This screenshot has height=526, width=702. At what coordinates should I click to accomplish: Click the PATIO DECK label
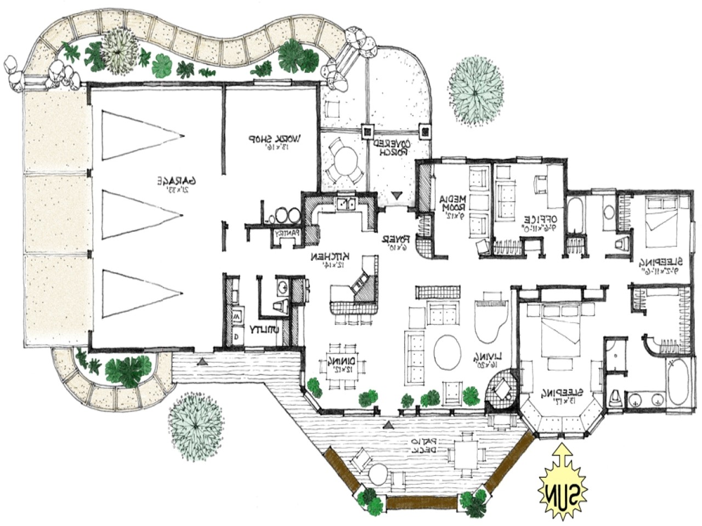[x=422, y=445]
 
